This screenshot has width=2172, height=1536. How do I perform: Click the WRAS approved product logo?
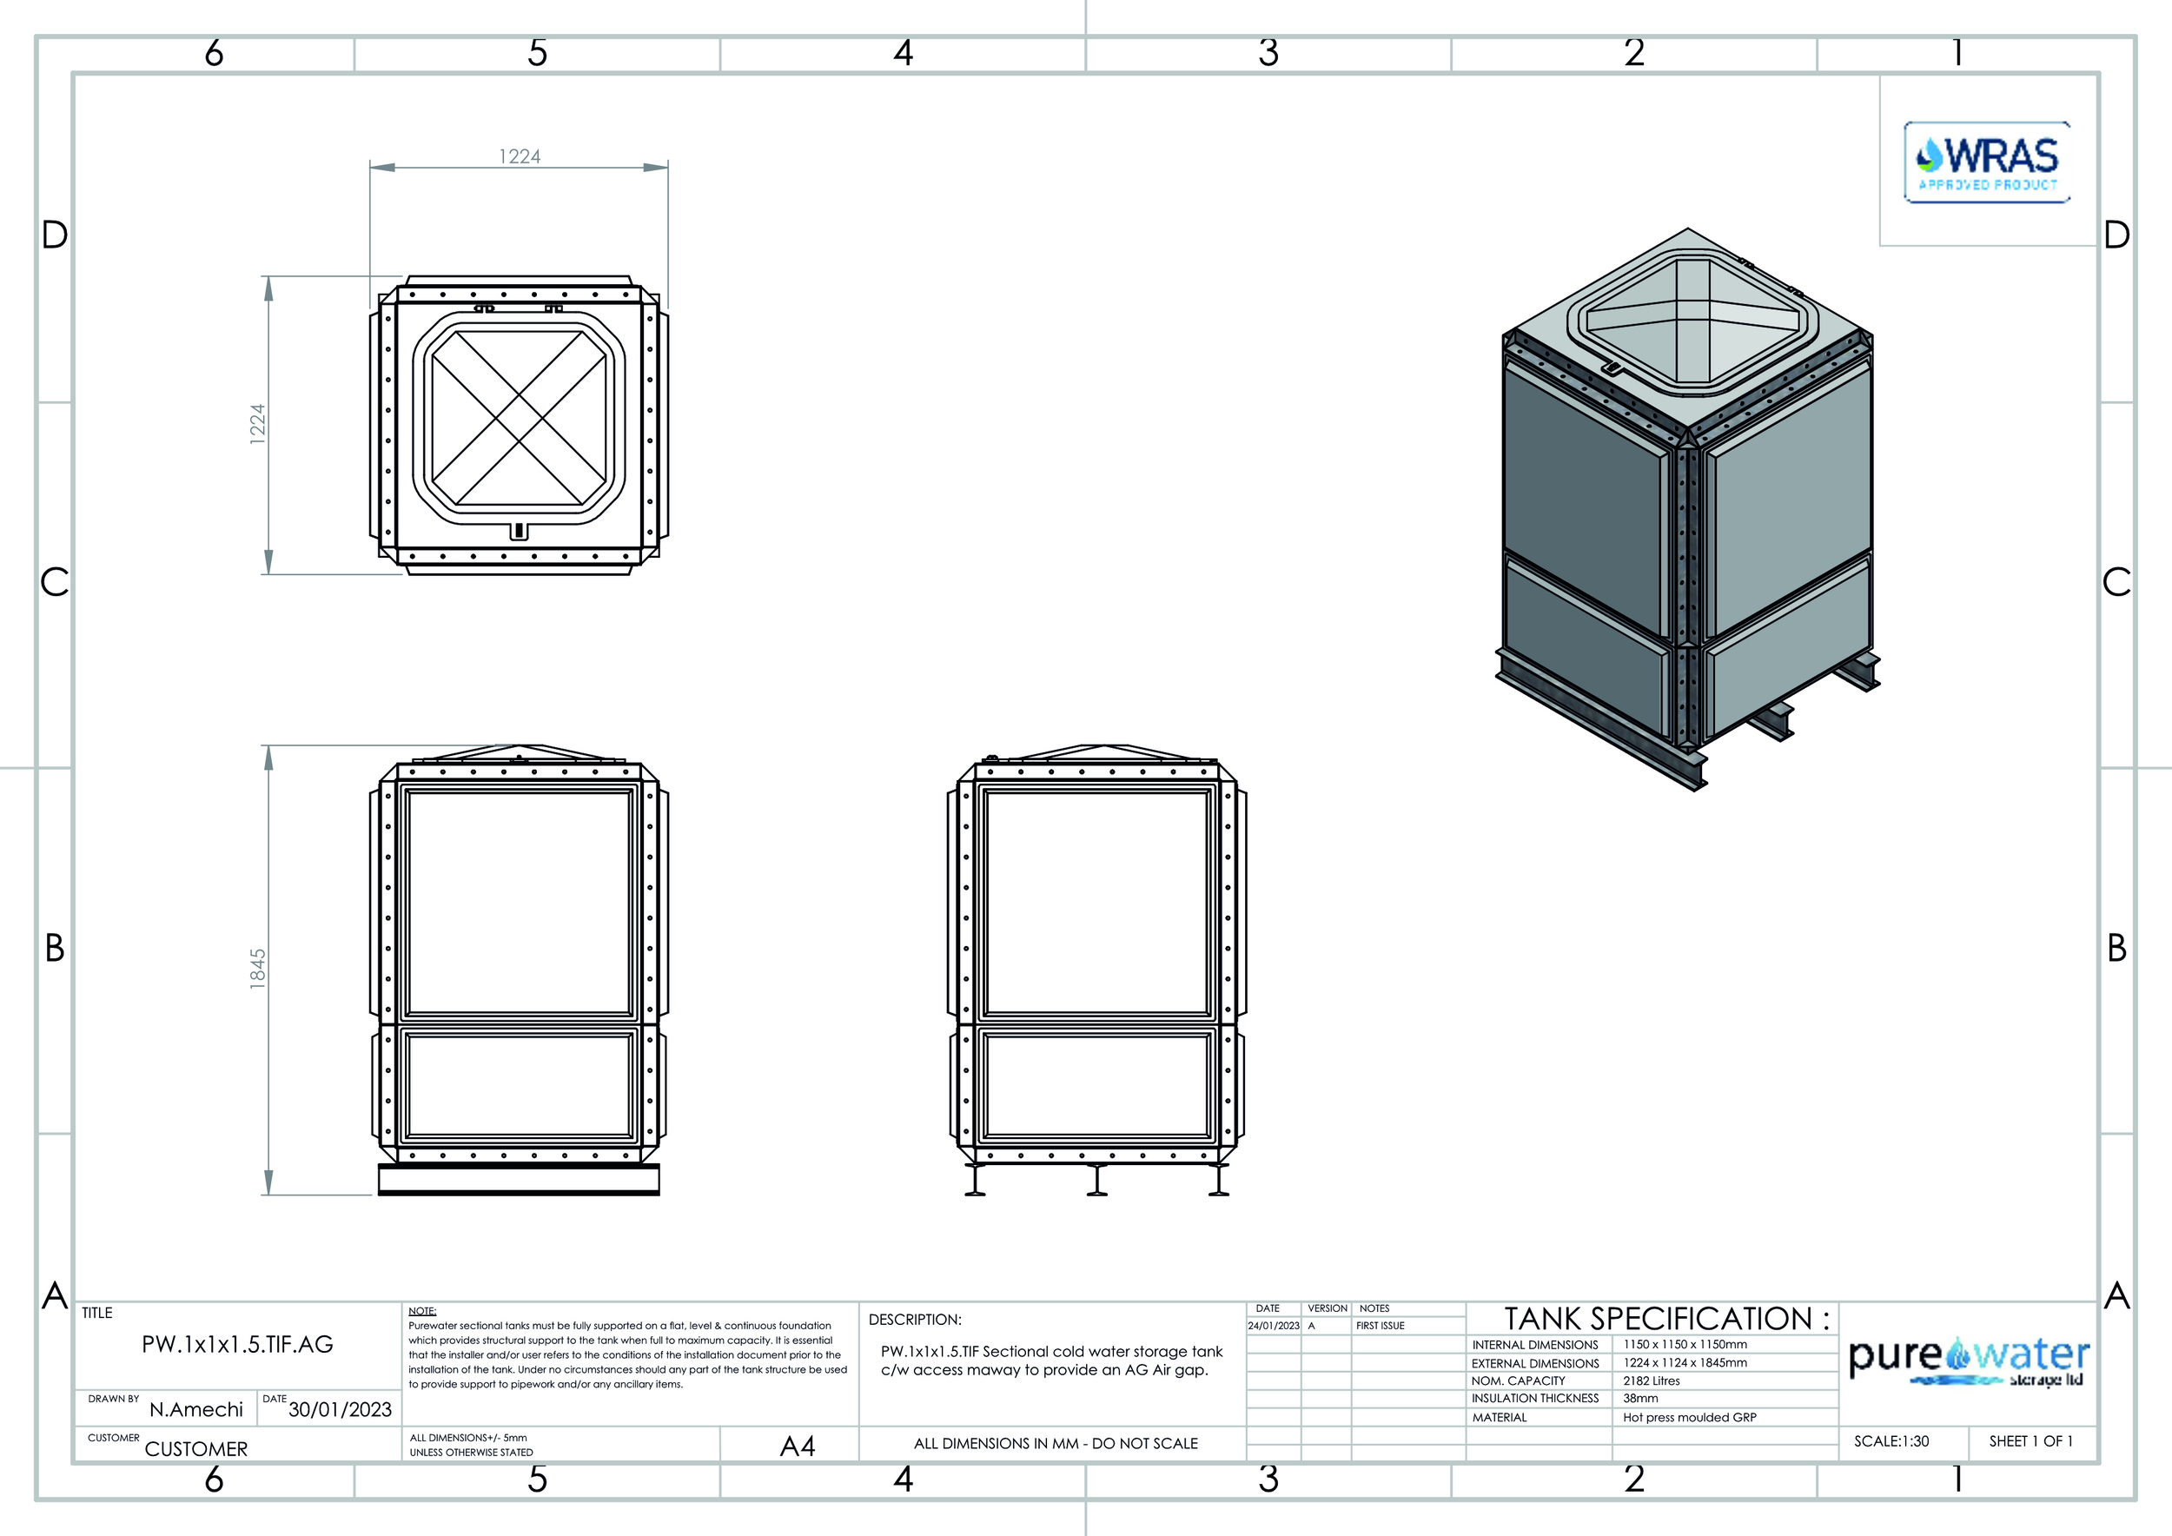click(1987, 162)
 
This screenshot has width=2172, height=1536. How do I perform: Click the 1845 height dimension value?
click(257, 970)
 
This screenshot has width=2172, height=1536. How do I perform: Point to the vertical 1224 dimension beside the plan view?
click(257, 424)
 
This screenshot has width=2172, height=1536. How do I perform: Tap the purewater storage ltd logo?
click(1969, 1362)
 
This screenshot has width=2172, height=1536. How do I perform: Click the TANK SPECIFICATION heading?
click(1667, 1319)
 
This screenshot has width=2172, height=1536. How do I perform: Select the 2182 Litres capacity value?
click(1652, 1380)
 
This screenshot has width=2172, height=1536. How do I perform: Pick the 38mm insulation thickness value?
click(1640, 1398)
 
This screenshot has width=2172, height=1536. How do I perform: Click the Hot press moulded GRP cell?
click(1690, 1417)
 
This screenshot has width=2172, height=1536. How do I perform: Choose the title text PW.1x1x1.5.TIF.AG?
click(237, 1344)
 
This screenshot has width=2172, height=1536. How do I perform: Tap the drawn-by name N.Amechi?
click(195, 1409)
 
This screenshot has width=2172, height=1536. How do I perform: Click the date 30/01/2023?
click(340, 1409)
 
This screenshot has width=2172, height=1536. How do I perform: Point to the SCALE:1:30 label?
click(1891, 1441)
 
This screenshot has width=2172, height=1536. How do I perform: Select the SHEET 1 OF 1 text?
click(2031, 1441)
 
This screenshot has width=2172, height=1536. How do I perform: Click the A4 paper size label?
click(798, 1447)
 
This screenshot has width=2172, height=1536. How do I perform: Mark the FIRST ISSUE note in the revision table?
click(1381, 1326)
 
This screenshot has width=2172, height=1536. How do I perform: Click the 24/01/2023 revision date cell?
click(1274, 1326)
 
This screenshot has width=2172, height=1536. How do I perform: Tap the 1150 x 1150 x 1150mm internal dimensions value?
click(1685, 1344)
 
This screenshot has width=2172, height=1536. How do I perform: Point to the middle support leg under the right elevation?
click(1097, 1181)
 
